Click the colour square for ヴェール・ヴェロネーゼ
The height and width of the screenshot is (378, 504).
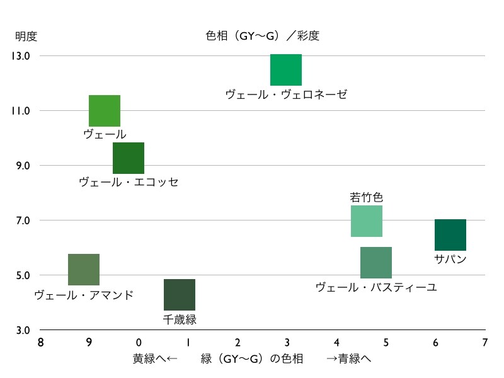pyautogui.click(x=286, y=70)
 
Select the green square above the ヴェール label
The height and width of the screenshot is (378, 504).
pyautogui.click(x=105, y=111)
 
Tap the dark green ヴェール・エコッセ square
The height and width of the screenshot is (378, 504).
pyautogui.click(x=129, y=158)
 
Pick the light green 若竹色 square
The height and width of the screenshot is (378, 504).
pyautogui.click(x=367, y=221)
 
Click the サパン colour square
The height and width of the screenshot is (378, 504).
pyautogui.click(x=450, y=235)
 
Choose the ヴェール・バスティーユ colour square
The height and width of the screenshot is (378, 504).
pyautogui.click(x=376, y=263)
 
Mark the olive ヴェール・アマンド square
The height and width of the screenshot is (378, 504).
pyautogui.click(x=84, y=270)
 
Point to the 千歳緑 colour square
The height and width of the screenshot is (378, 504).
pyautogui.click(x=180, y=295)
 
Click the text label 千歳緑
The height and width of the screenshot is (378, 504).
pyautogui.click(x=180, y=319)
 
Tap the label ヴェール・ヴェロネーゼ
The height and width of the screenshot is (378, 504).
pyautogui.click(x=286, y=94)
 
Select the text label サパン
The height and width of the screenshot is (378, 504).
pyautogui.click(x=450, y=259)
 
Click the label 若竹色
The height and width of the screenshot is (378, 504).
pyautogui.click(x=367, y=197)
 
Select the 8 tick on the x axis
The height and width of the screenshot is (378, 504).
pyautogui.click(x=40, y=343)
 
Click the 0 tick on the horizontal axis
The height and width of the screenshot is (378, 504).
pyautogui.click(x=139, y=343)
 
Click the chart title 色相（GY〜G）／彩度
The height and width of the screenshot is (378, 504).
pyautogui.click(x=263, y=36)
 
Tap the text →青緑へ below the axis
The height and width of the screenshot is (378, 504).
pyautogui.click(x=348, y=359)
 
